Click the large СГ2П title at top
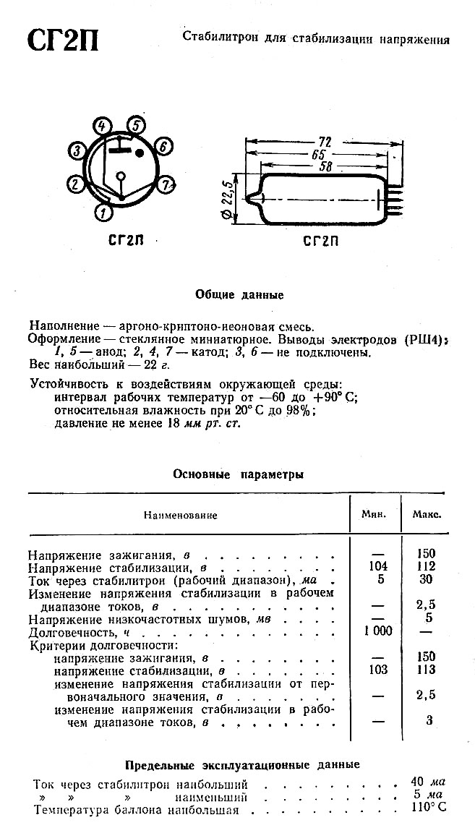(x=63, y=42)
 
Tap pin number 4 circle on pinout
(x=102, y=125)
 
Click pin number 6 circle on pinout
(x=163, y=148)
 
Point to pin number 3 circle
(x=77, y=150)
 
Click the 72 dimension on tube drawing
(x=325, y=142)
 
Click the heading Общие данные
(x=239, y=294)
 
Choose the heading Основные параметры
(x=238, y=475)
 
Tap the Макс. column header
(x=427, y=515)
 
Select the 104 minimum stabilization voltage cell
(x=377, y=566)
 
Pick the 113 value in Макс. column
(x=427, y=670)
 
